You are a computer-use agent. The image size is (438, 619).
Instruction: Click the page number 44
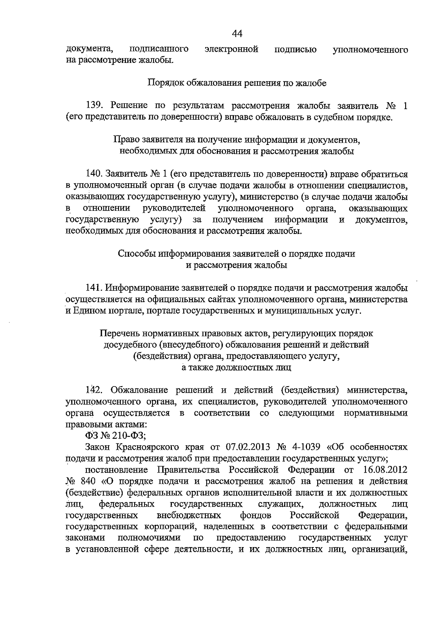[237, 34]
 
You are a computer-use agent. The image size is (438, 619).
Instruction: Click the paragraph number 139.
[95, 106]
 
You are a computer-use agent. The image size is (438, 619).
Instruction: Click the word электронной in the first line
[231, 49]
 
